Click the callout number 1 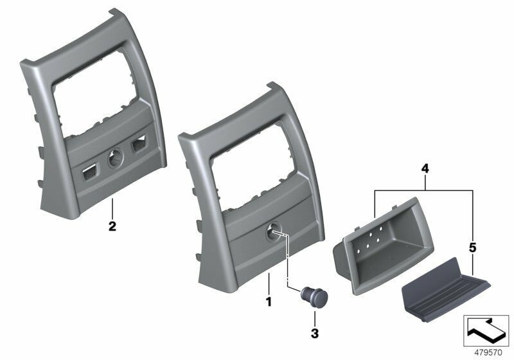tap(269, 300)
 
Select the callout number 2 tap(112, 226)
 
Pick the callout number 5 tap(473, 246)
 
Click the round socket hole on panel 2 tap(116, 158)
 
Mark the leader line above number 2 tap(112, 208)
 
